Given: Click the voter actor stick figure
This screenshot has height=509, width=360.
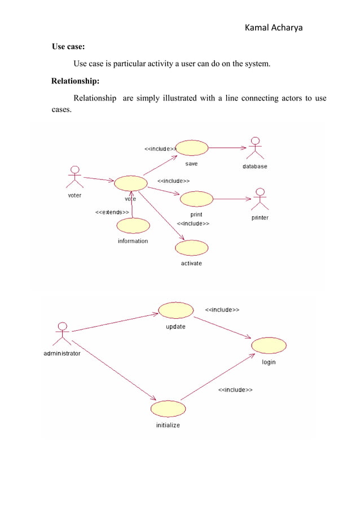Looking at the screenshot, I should pyautogui.click(x=74, y=177).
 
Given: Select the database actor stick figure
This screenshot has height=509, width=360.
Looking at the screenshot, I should pyautogui.click(x=257, y=148).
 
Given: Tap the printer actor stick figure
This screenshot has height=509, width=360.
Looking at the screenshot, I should pyautogui.click(x=260, y=199).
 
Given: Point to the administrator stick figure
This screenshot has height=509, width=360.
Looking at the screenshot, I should pyautogui.click(x=62, y=334).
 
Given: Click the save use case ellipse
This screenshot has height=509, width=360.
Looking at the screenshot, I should pyautogui.click(x=192, y=148).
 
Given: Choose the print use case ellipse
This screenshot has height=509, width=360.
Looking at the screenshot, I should pyautogui.click(x=196, y=199).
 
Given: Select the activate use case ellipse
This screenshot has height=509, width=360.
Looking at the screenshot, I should pyautogui.click(x=191, y=248).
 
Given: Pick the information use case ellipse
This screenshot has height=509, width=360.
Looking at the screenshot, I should pyautogui.click(x=133, y=226).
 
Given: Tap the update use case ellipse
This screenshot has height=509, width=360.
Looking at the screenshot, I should pyautogui.click(x=175, y=310).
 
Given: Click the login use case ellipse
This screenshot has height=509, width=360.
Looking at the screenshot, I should pyautogui.click(x=269, y=345).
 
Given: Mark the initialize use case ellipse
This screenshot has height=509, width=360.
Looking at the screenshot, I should pyautogui.click(x=168, y=409).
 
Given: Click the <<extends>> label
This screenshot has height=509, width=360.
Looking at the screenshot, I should pyautogui.click(x=112, y=213).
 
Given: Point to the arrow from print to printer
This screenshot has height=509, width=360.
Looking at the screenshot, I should pyautogui.click(x=231, y=199).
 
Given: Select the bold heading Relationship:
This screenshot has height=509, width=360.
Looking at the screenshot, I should pyautogui.click(x=75, y=81).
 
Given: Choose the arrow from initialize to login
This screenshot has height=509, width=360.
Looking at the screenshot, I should pyautogui.click(x=218, y=378).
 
